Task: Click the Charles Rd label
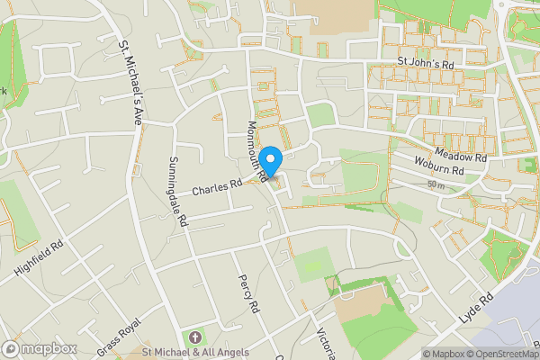point(218,188)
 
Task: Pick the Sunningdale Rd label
point(175,191)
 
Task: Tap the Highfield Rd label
point(39,258)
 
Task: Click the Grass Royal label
point(120,335)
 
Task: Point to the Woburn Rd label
point(438,168)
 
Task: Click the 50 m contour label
point(436,184)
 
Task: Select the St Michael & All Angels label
point(196,352)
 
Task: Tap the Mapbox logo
point(39,348)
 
